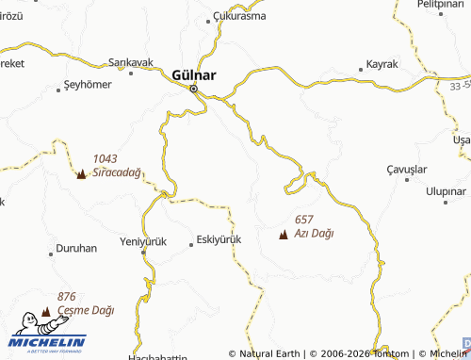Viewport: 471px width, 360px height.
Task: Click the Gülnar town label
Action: [194, 74]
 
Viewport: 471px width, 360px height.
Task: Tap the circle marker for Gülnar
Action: [194, 90]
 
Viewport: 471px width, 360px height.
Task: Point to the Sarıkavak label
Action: [131, 62]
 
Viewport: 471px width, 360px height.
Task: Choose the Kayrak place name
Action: [382, 66]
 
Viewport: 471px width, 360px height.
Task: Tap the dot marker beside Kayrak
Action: [363, 69]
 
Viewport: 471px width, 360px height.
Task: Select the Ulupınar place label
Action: [446, 190]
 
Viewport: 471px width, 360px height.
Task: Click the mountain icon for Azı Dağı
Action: [284, 235]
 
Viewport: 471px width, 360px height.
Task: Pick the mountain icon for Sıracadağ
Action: [81, 174]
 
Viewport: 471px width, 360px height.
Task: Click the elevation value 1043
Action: [105, 158]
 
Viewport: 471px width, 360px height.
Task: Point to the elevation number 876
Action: [66, 296]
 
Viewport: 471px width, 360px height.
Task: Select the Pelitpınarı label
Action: [442, 5]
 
